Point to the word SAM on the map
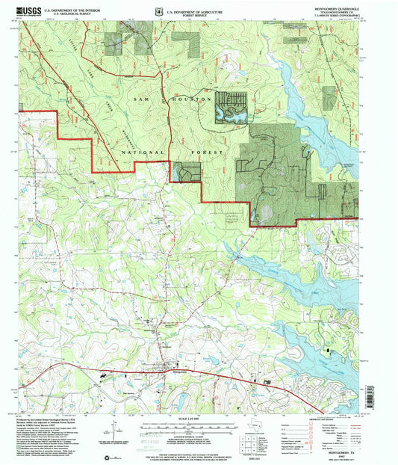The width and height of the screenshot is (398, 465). pos(143,98)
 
